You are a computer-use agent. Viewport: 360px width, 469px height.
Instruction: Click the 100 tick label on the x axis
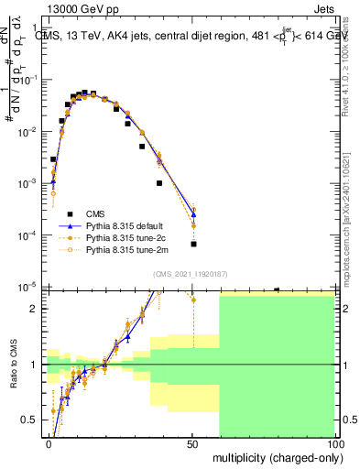[336, 443]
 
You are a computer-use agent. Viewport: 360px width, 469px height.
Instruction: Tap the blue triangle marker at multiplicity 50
[193, 214]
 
